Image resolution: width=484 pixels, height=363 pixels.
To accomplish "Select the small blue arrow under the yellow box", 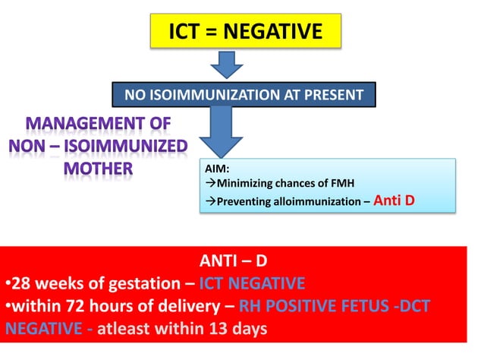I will [x=226, y=66].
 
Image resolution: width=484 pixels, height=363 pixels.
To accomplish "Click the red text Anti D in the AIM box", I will [x=401, y=201].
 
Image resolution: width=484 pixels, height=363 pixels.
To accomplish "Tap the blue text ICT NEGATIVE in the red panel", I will [x=252, y=284].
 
